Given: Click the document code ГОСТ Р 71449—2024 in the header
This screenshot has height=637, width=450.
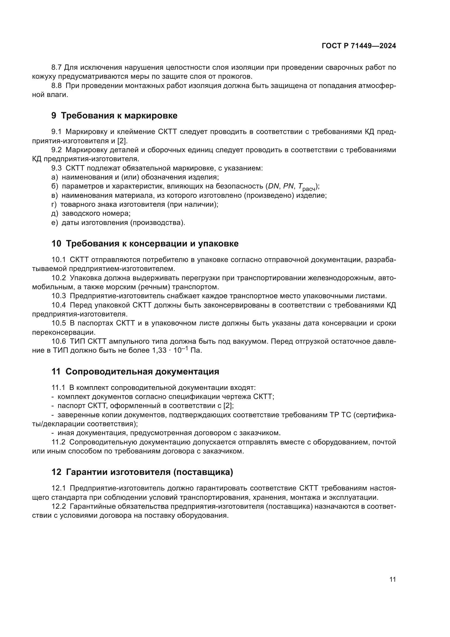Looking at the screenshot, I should [359, 46].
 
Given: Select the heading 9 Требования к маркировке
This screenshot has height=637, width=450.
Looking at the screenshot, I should [114, 115].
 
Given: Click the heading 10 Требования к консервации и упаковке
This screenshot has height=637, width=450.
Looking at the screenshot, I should [145, 243].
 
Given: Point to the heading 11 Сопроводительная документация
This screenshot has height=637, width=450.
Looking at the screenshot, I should [135, 371].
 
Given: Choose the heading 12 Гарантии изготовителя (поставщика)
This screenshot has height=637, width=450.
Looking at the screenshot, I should [142, 472].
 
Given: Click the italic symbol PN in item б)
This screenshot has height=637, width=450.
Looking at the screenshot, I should [288, 186].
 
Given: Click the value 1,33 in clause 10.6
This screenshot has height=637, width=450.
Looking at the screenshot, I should [158, 350].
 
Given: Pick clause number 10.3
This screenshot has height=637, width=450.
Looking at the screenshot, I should [58, 296].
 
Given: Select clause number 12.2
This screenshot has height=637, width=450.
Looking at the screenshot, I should [58, 507].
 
